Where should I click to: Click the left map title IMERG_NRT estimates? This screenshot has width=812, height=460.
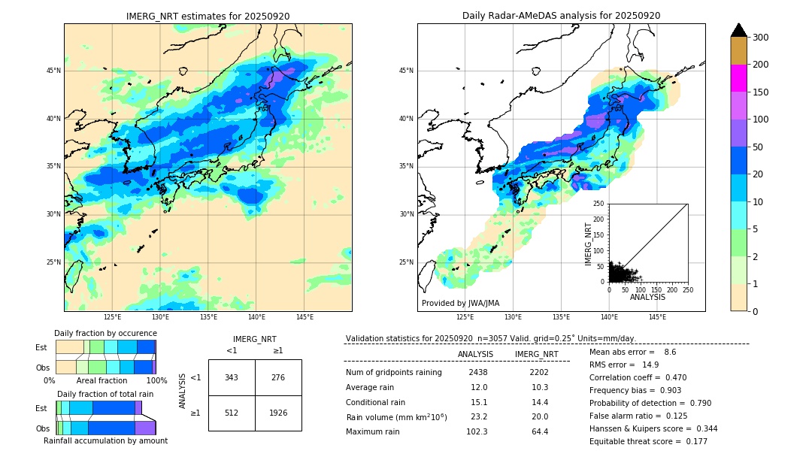[x=208, y=16]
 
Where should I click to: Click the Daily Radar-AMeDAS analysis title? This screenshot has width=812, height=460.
[x=561, y=16]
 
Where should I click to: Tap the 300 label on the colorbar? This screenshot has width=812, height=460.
[x=759, y=38]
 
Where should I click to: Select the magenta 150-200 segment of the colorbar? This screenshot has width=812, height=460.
[x=738, y=78]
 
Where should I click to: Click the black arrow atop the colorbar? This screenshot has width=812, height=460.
[x=738, y=30]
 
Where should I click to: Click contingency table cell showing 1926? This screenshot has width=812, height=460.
[x=278, y=413]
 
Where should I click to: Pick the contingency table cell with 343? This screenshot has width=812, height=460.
[x=232, y=377]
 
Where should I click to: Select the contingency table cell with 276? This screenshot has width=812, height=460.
[x=278, y=377]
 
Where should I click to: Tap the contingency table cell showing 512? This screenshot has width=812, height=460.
[x=232, y=413]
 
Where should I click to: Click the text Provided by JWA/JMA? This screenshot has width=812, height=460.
[x=460, y=304]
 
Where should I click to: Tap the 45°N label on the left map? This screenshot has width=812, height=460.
[x=53, y=71]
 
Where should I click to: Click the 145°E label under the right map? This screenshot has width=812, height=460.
[x=657, y=317]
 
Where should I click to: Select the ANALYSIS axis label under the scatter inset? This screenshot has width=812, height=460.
[x=647, y=297]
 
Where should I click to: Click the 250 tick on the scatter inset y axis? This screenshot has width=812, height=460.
[x=599, y=204]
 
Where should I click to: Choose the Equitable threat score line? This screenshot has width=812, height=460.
[x=648, y=441]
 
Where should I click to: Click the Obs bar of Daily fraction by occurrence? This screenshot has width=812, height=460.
[x=105, y=367]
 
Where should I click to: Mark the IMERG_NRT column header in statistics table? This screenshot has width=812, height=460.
[x=536, y=354]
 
